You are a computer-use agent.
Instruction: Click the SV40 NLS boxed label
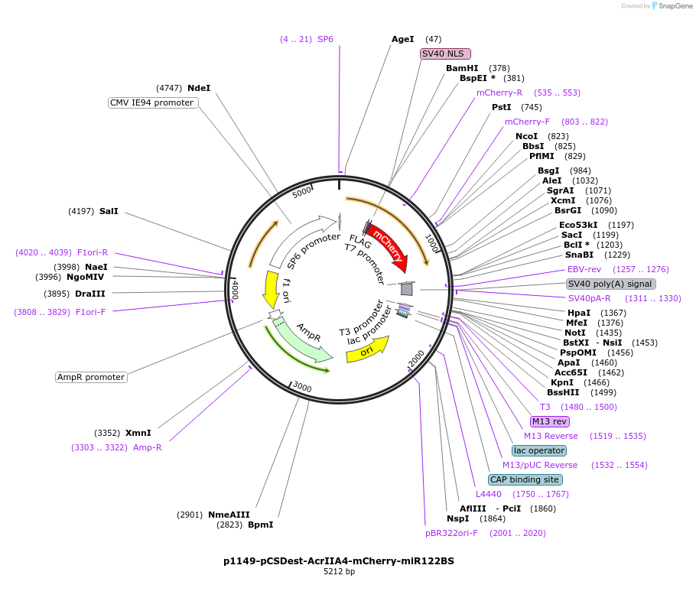[x=446, y=54]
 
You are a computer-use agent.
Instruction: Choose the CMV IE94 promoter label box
[x=152, y=102]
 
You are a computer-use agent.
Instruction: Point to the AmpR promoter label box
[x=91, y=377]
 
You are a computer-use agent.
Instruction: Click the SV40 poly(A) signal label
[x=610, y=284]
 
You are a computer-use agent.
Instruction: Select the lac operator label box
[x=539, y=450]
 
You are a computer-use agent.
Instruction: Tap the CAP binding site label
[x=525, y=479]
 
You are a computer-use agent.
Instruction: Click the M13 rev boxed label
[x=550, y=421]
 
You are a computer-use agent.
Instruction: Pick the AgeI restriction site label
[x=402, y=39]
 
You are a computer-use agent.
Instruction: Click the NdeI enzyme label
[x=199, y=88]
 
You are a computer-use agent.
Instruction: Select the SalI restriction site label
[x=109, y=210]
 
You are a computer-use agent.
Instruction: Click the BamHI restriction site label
[x=462, y=68]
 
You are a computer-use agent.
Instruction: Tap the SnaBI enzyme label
[x=579, y=255]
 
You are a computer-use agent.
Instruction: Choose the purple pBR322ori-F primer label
[x=451, y=533]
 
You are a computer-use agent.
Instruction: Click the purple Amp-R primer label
[x=148, y=447]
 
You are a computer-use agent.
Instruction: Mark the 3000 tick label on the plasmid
[x=303, y=388]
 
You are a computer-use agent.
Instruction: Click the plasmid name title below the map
[x=339, y=560]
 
